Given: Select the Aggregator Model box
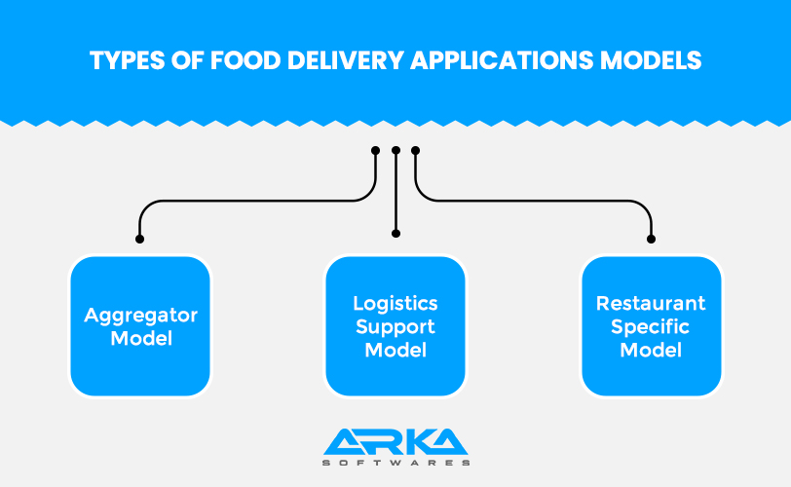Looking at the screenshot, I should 140,326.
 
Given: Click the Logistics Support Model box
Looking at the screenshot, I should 395,326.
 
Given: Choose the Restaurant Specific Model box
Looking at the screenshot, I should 651,326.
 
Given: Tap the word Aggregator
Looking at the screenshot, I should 140,316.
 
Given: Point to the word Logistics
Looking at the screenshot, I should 395,304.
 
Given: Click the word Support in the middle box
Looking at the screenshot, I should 395,327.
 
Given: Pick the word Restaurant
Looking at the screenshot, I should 651,304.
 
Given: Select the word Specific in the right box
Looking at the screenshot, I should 651,327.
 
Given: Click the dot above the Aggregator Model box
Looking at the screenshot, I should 140,239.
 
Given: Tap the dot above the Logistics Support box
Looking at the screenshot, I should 395,234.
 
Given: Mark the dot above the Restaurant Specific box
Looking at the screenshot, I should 651,239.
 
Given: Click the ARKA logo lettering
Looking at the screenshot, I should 395,441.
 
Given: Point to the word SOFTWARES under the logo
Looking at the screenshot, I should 395,464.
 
